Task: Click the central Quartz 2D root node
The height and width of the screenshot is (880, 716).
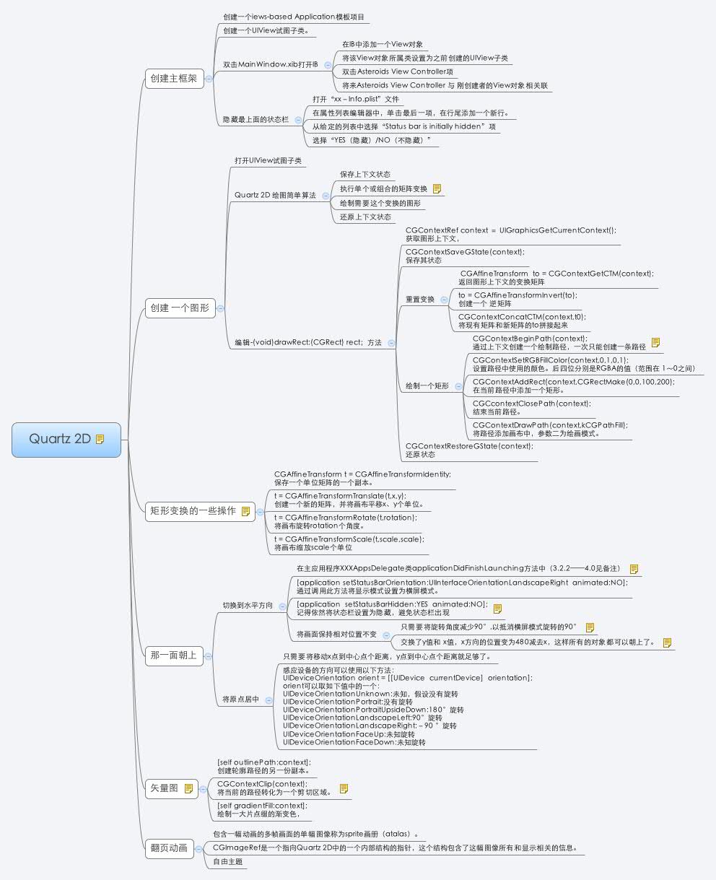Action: pos(66,440)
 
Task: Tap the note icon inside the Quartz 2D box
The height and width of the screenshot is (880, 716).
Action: pos(100,439)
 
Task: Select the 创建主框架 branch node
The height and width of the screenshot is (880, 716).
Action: pos(175,79)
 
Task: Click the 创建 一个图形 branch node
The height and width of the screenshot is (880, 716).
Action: pos(180,308)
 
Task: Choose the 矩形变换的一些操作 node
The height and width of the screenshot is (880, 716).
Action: pos(200,511)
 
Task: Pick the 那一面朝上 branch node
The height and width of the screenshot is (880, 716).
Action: pos(174,655)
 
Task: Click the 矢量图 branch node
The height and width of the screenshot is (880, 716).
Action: pos(172,789)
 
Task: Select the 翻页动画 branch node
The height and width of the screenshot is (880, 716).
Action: pos(170,849)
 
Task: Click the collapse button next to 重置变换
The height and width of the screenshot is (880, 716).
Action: pos(444,300)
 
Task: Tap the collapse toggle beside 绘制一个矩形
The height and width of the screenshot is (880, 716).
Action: pos(458,386)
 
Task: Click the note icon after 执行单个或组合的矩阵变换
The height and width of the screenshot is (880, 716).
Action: pos(437,189)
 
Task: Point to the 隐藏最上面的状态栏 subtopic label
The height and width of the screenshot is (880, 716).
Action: pos(256,120)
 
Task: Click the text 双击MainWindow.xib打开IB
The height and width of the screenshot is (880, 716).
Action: pos(271,65)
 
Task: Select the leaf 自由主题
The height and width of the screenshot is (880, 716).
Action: pos(227,861)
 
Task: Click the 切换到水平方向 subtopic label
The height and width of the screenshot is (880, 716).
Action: pos(248,606)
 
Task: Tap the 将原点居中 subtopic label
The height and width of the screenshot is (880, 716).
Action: pos(241,700)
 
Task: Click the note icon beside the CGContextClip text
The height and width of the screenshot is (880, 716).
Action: pos(344,789)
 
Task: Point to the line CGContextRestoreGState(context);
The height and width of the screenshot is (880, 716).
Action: pos(469,446)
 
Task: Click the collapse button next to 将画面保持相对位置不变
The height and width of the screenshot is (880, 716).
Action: pos(386,635)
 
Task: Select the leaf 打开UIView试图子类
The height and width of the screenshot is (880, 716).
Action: pos(268,161)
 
